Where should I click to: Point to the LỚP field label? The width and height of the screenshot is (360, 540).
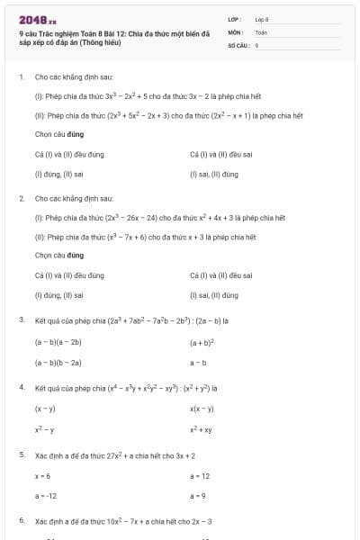point(236,19)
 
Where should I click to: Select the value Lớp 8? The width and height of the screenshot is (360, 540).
point(262,19)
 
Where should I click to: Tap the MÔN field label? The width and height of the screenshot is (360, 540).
point(236,31)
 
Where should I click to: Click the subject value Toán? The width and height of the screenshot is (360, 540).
point(261,31)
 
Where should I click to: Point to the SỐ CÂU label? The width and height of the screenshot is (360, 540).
point(238,44)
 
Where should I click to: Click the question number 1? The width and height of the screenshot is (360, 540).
point(21,77)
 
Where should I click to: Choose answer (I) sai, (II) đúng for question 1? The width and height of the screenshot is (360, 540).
point(214,173)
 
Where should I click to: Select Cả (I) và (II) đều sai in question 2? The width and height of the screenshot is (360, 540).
point(221,275)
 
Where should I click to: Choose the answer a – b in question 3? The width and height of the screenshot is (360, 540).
point(198,363)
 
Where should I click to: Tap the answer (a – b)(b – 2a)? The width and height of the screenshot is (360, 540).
point(58,363)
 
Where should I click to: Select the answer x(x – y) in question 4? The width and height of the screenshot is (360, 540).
point(202,409)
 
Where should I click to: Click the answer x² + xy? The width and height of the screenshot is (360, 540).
point(202,430)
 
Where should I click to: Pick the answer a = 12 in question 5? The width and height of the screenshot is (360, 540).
point(200,475)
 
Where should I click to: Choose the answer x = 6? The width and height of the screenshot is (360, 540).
point(42,475)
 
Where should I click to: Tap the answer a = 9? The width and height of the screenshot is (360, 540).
point(198,496)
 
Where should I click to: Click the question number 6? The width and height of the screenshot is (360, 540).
point(21,521)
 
